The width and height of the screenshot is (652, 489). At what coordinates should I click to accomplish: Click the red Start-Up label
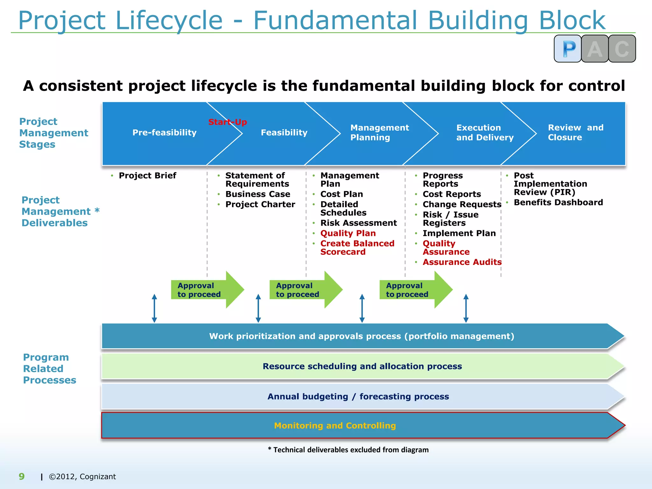tap(227, 122)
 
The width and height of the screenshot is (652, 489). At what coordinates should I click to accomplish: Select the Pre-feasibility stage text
tap(164, 132)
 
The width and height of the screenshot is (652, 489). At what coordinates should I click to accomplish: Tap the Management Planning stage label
tap(379, 132)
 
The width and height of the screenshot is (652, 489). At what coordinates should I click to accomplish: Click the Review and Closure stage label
tap(575, 132)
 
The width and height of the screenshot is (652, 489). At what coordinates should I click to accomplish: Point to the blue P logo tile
tap(568, 49)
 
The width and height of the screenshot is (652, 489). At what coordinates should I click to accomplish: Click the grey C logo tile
tap(622, 49)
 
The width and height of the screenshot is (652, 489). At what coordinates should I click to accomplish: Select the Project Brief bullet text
tap(147, 176)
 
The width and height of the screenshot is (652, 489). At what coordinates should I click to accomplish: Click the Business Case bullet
tap(258, 194)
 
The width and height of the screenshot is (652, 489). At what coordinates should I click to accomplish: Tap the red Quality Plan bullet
tap(348, 233)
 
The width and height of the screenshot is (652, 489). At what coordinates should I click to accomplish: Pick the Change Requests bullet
tap(462, 204)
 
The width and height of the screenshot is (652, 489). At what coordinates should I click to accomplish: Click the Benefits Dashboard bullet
tap(558, 202)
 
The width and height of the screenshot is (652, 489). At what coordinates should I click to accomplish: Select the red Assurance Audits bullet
tap(462, 262)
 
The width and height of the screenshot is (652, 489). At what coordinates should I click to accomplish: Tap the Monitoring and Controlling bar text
tap(335, 426)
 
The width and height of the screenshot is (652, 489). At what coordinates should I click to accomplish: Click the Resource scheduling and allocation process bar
tap(362, 366)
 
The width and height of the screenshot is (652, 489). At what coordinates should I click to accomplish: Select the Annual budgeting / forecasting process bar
tap(358, 397)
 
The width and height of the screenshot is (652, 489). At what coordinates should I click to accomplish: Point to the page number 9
tap(22, 477)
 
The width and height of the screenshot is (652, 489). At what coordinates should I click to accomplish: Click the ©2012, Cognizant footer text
tap(82, 477)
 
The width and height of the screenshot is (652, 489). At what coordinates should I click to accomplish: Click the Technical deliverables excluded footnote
tap(348, 450)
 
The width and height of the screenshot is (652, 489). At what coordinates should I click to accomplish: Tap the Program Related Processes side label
tap(49, 369)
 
